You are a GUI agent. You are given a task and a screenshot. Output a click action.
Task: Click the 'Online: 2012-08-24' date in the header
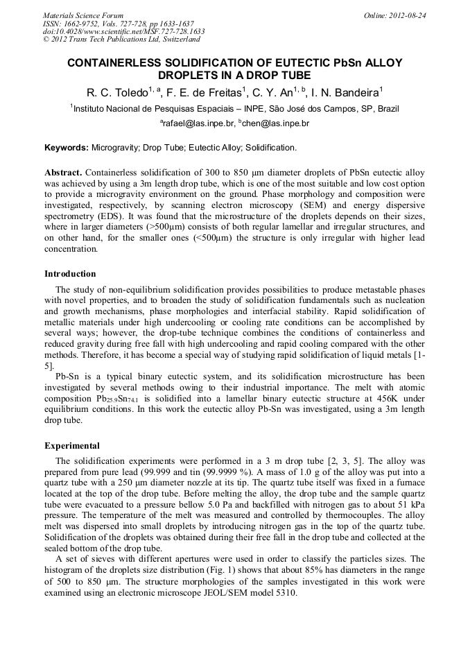tap(395, 15)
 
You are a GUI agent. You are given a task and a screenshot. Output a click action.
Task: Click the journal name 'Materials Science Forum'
tap(82, 15)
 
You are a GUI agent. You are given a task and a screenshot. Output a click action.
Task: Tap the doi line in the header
tap(123, 31)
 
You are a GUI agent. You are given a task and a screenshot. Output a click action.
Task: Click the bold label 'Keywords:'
tap(67, 148)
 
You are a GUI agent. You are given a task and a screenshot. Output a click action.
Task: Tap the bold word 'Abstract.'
tap(64, 172)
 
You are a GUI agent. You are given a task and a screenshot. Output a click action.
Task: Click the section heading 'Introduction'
tap(70, 273)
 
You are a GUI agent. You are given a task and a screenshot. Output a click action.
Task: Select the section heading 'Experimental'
tap(71, 446)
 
